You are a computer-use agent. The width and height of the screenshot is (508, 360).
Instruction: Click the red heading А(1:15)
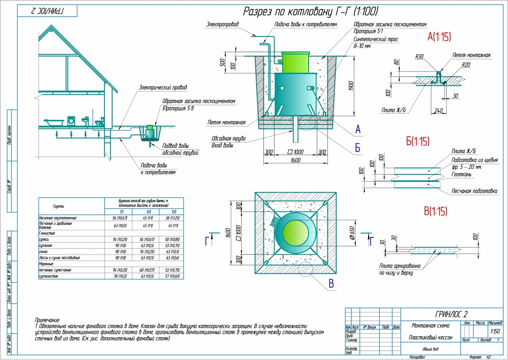pyautogui.click(x=439, y=37)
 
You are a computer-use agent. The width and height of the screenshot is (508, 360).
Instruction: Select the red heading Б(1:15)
pyautogui.click(x=418, y=141)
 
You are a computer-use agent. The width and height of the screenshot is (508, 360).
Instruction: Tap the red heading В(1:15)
pyautogui.click(x=435, y=211)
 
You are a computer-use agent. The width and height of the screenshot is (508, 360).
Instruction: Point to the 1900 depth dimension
pyautogui.click(x=351, y=86)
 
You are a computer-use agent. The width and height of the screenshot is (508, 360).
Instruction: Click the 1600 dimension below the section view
pyautogui.click(x=295, y=160)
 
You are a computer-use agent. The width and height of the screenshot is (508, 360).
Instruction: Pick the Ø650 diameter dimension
pyautogui.click(x=352, y=233)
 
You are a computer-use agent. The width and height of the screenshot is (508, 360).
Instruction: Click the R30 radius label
pyautogui.click(x=419, y=57)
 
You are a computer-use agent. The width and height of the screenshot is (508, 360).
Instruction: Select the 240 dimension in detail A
pyautogui.click(x=438, y=110)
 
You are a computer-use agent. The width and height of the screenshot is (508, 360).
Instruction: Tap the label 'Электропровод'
pyautogui.click(x=222, y=24)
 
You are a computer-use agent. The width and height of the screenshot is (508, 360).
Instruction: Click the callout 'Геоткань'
pyautogui.click(x=461, y=175)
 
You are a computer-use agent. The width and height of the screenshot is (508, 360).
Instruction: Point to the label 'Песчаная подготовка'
pyautogui.click(x=474, y=191)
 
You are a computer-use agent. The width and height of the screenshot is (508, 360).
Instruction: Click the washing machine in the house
pyautogui.click(x=71, y=121)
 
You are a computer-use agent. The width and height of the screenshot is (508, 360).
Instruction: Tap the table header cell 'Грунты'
pyautogui.click(x=58, y=206)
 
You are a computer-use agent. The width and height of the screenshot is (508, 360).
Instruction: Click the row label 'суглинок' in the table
pyautogui.click(x=46, y=245)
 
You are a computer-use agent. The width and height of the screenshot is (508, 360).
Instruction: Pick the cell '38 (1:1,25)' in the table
pyautogui.click(x=172, y=218)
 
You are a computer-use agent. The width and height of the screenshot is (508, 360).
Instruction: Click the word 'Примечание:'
pyautogui.click(x=47, y=320)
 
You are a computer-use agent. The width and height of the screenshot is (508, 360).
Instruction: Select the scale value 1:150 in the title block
pyautogui.click(x=495, y=331)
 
